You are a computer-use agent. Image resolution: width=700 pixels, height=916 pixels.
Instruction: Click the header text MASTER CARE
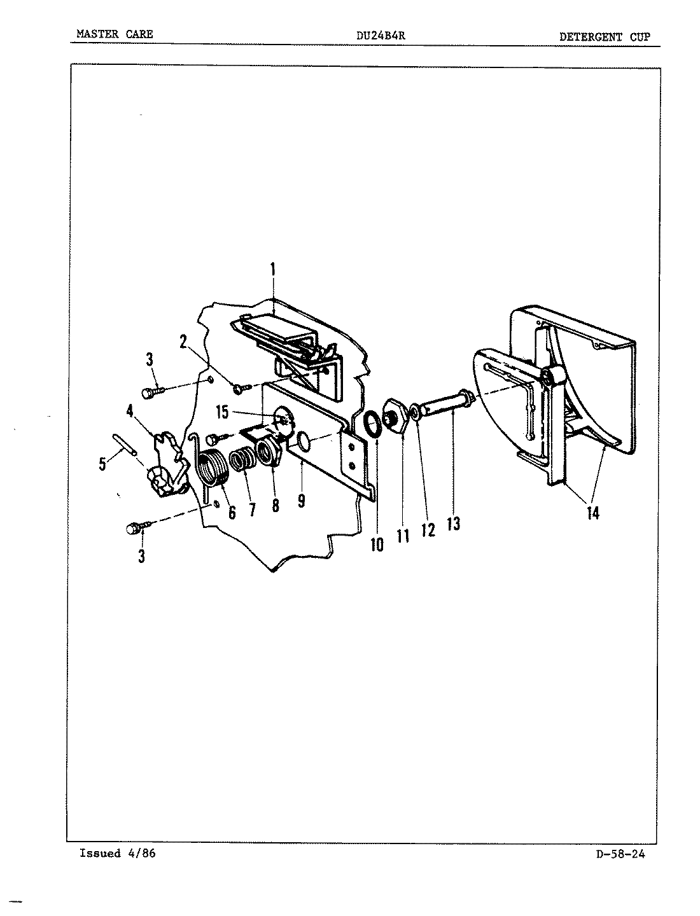click(x=115, y=34)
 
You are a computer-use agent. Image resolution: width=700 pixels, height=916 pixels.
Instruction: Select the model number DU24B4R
click(x=381, y=36)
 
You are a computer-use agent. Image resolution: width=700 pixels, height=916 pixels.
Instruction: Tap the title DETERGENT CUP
click(x=605, y=36)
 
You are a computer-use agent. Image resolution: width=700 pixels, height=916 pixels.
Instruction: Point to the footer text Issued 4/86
click(x=117, y=854)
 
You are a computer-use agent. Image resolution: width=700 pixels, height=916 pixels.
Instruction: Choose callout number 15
click(x=222, y=412)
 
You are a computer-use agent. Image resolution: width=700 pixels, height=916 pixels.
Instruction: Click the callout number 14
click(x=593, y=513)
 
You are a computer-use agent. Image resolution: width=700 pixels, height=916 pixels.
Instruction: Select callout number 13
click(x=454, y=524)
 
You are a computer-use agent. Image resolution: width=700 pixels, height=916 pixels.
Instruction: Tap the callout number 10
click(x=377, y=545)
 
